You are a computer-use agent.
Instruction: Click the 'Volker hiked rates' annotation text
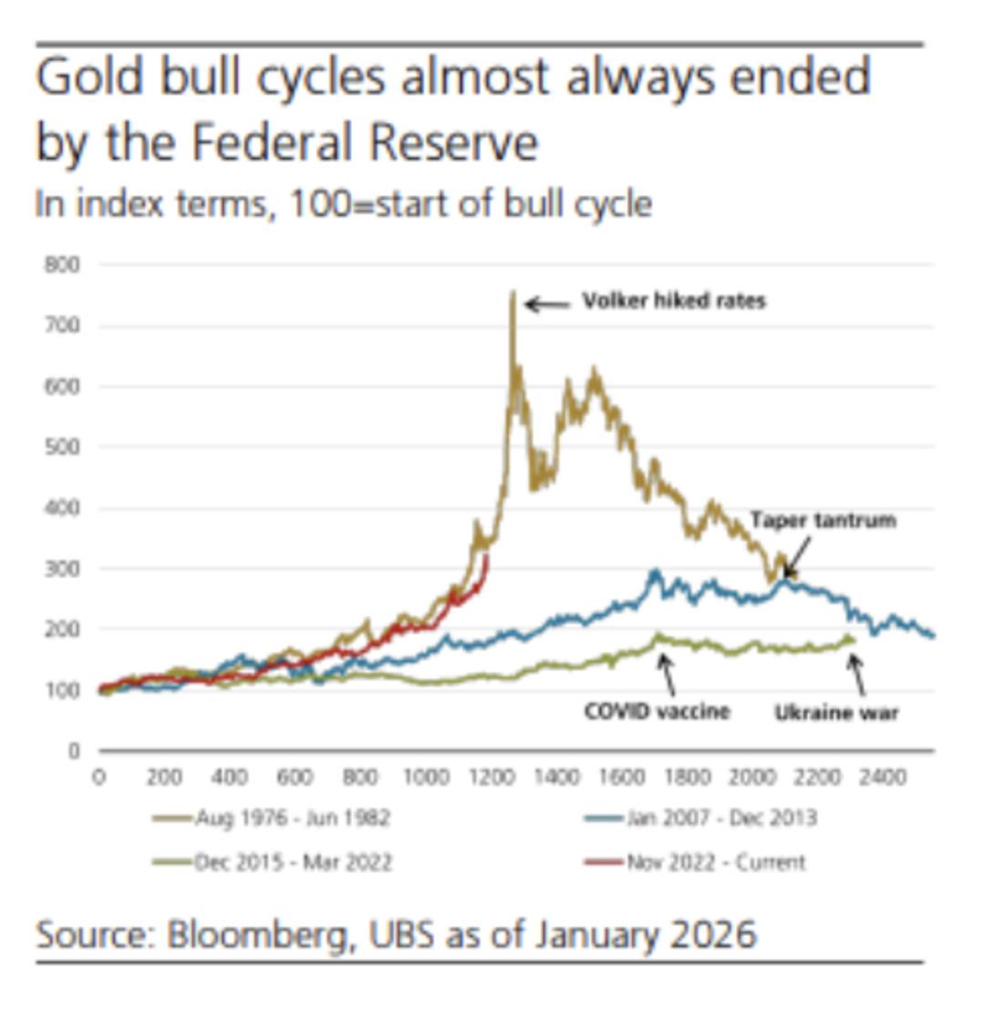tap(674, 301)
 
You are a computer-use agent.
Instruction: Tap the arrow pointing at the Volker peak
tap(546, 304)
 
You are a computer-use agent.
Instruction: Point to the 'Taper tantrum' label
tap(823, 520)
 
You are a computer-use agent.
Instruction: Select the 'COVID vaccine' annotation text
tap(657, 711)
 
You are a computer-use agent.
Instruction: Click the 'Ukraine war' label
tap(836, 713)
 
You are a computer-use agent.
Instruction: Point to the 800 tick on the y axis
tap(62, 265)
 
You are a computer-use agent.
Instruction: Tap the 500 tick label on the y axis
tap(62, 447)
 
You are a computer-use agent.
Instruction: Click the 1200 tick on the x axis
tap(491, 777)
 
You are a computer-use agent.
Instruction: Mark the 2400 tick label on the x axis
tap(883, 777)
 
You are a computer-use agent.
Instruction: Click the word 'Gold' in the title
tap(89, 77)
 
